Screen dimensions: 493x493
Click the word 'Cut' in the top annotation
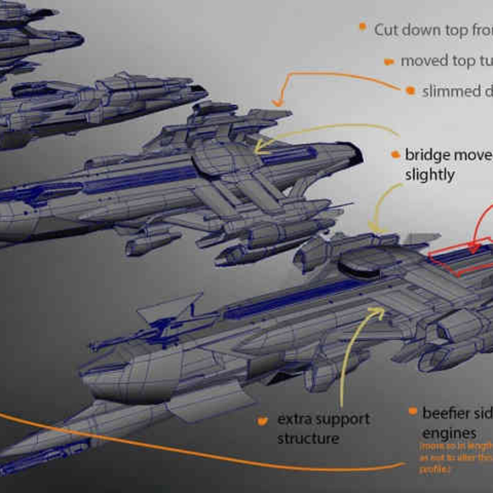(x=386, y=30)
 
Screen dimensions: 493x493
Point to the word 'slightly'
(x=430, y=175)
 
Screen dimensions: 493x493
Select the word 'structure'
(x=308, y=439)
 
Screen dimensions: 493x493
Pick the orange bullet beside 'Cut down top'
(x=362, y=26)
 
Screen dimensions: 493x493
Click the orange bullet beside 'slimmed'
(x=410, y=91)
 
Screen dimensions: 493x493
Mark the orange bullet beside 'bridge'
(x=396, y=154)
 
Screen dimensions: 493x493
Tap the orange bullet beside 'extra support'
(x=262, y=420)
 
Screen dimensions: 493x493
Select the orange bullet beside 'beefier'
(x=413, y=411)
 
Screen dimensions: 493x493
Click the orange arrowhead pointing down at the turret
(x=278, y=102)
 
